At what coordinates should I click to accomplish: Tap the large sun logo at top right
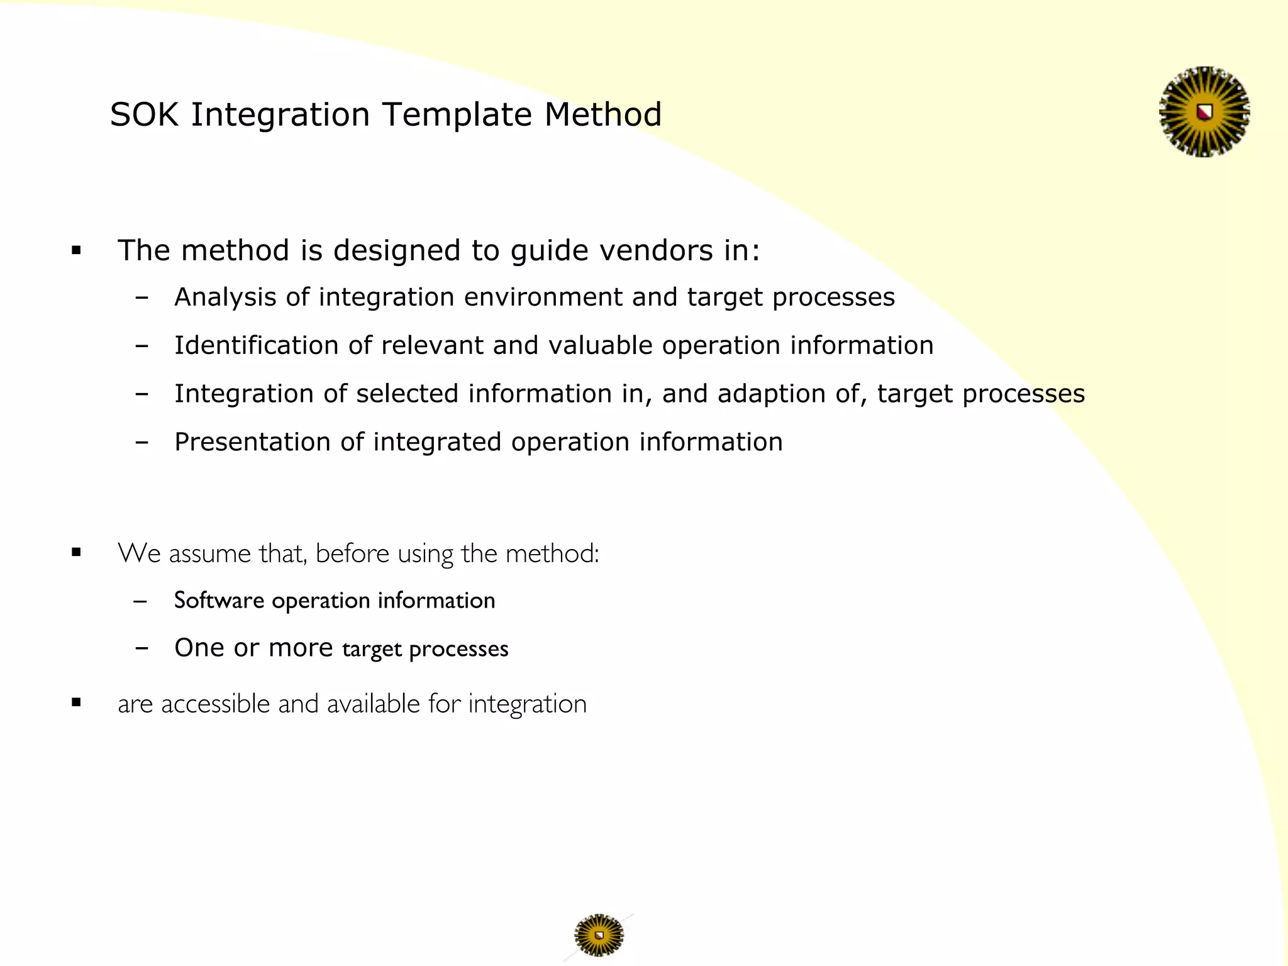(x=1204, y=112)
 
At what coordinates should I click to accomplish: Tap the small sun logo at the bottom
(x=599, y=935)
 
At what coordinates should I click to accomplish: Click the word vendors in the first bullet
(x=656, y=250)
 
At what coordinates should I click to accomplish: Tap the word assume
(x=209, y=554)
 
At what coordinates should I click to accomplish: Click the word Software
(x=218, y=601)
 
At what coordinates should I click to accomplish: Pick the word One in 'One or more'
(x=199, y=648)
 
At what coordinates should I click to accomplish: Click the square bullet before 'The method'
(x=77, y=251)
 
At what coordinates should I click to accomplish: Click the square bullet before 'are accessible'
(x=77, y=702)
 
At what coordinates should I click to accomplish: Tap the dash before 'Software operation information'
(x=141, y=601)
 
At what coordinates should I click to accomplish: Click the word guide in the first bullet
(x=549, y=250)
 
